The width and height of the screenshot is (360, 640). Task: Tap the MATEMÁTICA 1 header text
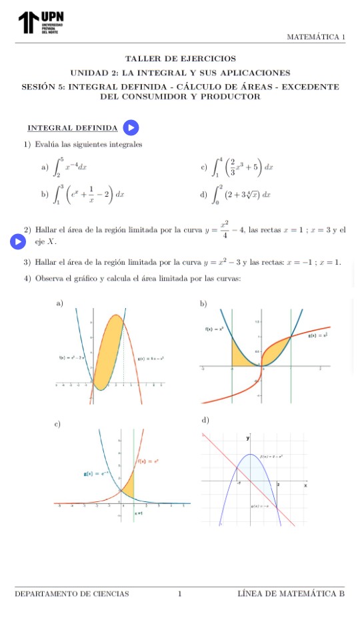tap(315, 37)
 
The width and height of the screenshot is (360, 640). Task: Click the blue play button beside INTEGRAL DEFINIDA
tap(131, 127)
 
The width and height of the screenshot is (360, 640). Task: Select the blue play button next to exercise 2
tap(19, 241)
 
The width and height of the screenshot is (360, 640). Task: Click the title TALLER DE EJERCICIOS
tap(180, 59)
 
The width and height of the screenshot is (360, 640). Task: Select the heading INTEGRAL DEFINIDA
tap(72, 128)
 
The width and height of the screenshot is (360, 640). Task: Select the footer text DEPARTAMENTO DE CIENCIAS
tap(71, 593)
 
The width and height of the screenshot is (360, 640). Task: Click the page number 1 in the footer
tap(180, 593)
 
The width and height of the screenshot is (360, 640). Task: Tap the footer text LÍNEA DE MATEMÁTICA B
tap(291, 593)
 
